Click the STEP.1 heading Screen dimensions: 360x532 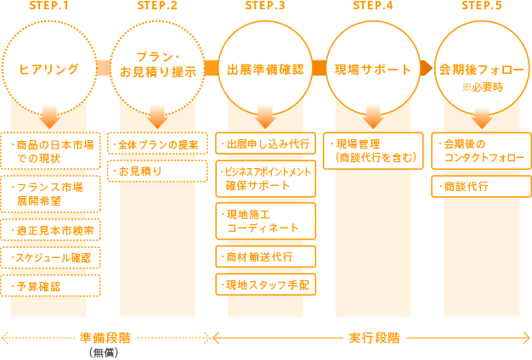click(49, 8)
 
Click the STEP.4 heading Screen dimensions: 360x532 click(372, 8)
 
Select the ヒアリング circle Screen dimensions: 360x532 click(49, 69)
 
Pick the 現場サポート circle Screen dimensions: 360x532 click(371, 69)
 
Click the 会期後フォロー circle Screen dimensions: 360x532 click(481, 67)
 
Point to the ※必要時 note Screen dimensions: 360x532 click(481, 86)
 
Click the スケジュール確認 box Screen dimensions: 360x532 click(53, 257)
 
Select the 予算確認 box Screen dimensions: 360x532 click(53, 286)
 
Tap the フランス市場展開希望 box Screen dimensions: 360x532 click(53, 194)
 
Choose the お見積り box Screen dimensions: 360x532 click(158, 172)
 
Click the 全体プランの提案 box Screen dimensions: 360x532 click(158, 144)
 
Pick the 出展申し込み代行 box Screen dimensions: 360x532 click(266, 143)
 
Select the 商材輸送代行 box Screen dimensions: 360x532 click(266, 256)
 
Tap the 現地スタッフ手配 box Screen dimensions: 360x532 click(266, 285)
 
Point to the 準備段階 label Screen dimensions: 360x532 click(103, 337)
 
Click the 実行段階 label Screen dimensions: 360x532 click(373, 337)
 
